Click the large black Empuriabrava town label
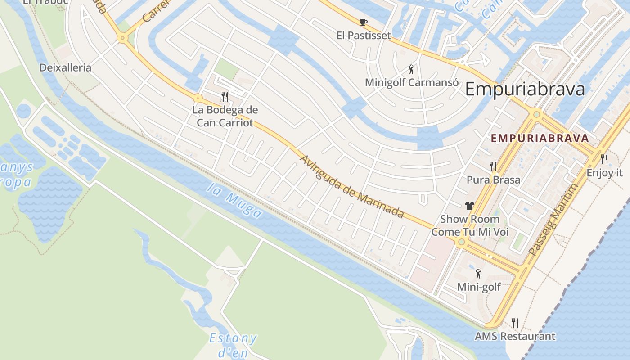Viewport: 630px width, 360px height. (525, 89)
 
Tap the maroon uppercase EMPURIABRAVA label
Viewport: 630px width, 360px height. (540, 138)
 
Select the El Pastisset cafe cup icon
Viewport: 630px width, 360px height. (364, 22)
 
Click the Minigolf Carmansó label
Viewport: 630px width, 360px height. (411, 83)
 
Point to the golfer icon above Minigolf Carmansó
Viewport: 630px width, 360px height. (411, 69)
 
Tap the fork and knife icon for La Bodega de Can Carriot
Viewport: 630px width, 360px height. (225, 96)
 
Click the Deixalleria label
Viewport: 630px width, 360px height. (65, 68)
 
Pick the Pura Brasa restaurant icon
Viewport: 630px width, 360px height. (493, 166)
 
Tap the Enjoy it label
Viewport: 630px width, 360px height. (604, 173)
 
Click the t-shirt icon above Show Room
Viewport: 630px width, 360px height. (470, 206)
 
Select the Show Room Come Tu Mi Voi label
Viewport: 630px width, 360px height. (470, 225)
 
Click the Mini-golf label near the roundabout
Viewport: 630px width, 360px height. (479, 287)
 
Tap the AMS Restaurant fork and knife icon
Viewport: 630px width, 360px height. (515, 323)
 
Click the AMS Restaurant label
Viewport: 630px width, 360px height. (515, 336)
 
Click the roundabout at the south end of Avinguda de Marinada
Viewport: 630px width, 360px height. (461, 242)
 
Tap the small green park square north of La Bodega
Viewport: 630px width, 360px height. (226, 69)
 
